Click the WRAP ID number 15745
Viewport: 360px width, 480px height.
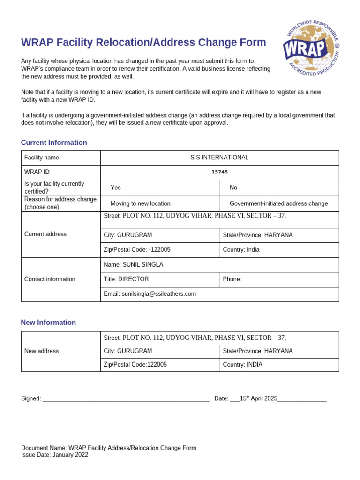(x=219, y=172)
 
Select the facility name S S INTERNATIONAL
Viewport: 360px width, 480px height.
(x=219, y=157)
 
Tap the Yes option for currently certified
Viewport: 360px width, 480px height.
(x=116, y=187)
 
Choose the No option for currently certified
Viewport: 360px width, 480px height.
(x=233, y=187)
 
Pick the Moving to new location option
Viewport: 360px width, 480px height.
(x=140, y=203)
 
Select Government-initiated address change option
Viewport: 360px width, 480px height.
(x=278, y=203)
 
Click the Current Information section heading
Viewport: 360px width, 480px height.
(x=54, y=142)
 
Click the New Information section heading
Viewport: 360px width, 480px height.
(x=48, y=322)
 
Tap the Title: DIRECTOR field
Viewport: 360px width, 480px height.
(x=126, y=279)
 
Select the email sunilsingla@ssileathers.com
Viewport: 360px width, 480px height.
(x=158, y=294)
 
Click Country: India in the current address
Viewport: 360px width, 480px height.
(x=241, y=249)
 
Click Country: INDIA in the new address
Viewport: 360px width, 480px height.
(x=242, y=364)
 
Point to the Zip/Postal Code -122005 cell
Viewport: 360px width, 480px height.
(x=137, y=249)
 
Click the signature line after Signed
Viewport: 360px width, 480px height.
(x=126, y=398)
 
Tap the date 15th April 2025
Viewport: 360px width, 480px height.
(x=258, y=398)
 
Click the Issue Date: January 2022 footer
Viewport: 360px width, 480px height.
(x=54, y=455)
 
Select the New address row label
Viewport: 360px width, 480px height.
(x=41, y=351)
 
